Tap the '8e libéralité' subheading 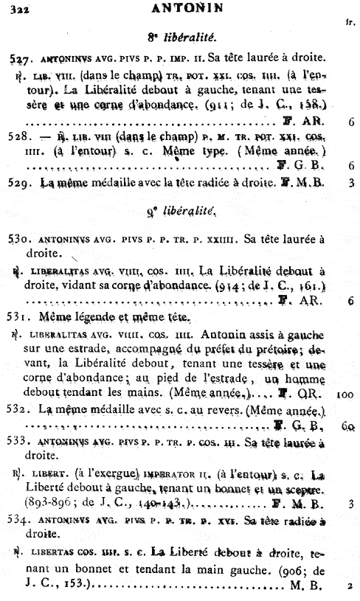[x=180, y=36]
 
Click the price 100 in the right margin [x=345, y=395]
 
